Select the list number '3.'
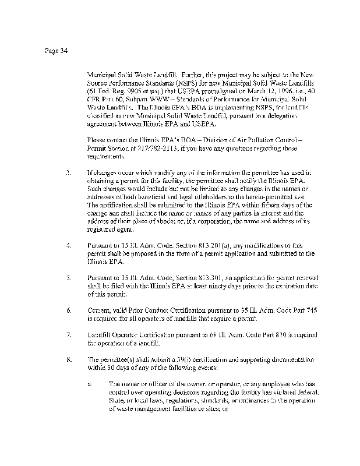coord(69,174)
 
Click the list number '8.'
coord(69,359)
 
